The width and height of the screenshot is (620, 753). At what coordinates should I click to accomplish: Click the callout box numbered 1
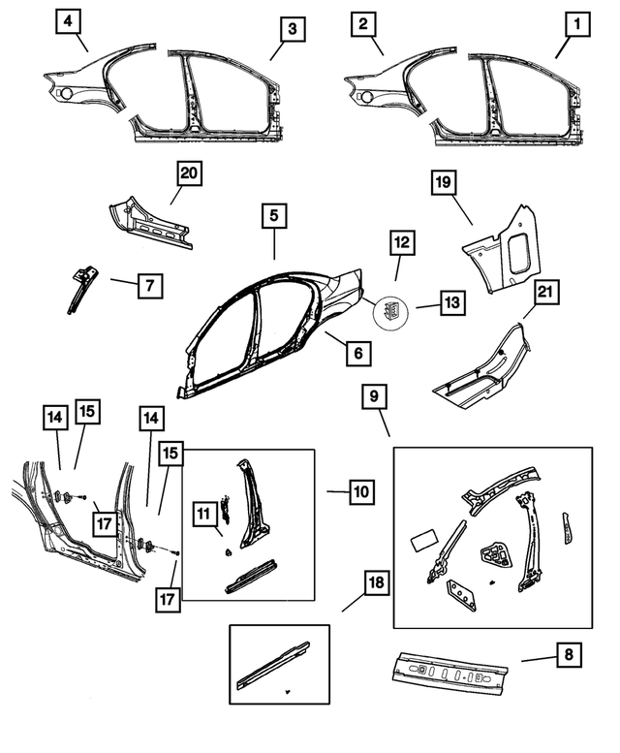coord(576,23)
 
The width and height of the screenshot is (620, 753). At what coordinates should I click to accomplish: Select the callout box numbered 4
coord(68,21)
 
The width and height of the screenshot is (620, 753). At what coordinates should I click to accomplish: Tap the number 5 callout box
coord(274,215)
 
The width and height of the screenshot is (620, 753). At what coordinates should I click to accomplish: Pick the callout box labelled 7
coord(150,286)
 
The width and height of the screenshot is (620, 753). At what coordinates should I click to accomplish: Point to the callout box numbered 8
coord(569,654)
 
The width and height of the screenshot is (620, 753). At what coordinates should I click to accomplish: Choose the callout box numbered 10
coord(361,491)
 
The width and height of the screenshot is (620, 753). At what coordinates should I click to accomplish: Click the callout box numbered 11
coord(204,514)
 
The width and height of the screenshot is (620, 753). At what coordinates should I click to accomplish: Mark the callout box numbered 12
coord(402,243)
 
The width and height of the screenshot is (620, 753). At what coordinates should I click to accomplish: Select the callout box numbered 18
coord(376,582)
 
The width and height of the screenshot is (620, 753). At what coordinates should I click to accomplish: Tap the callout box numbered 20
coord(189,173)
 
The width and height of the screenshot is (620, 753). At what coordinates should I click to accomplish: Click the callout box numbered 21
coord(545,292)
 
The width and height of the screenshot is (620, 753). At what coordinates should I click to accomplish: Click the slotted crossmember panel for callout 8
coord(449,671)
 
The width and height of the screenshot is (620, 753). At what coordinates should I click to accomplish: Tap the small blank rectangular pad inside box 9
coord(424,539)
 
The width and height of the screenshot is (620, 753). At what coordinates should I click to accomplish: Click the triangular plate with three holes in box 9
coord(461,594)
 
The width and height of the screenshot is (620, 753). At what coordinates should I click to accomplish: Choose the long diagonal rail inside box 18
coord(273,664)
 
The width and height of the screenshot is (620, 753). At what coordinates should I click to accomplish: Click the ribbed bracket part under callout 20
coord(151,222)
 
